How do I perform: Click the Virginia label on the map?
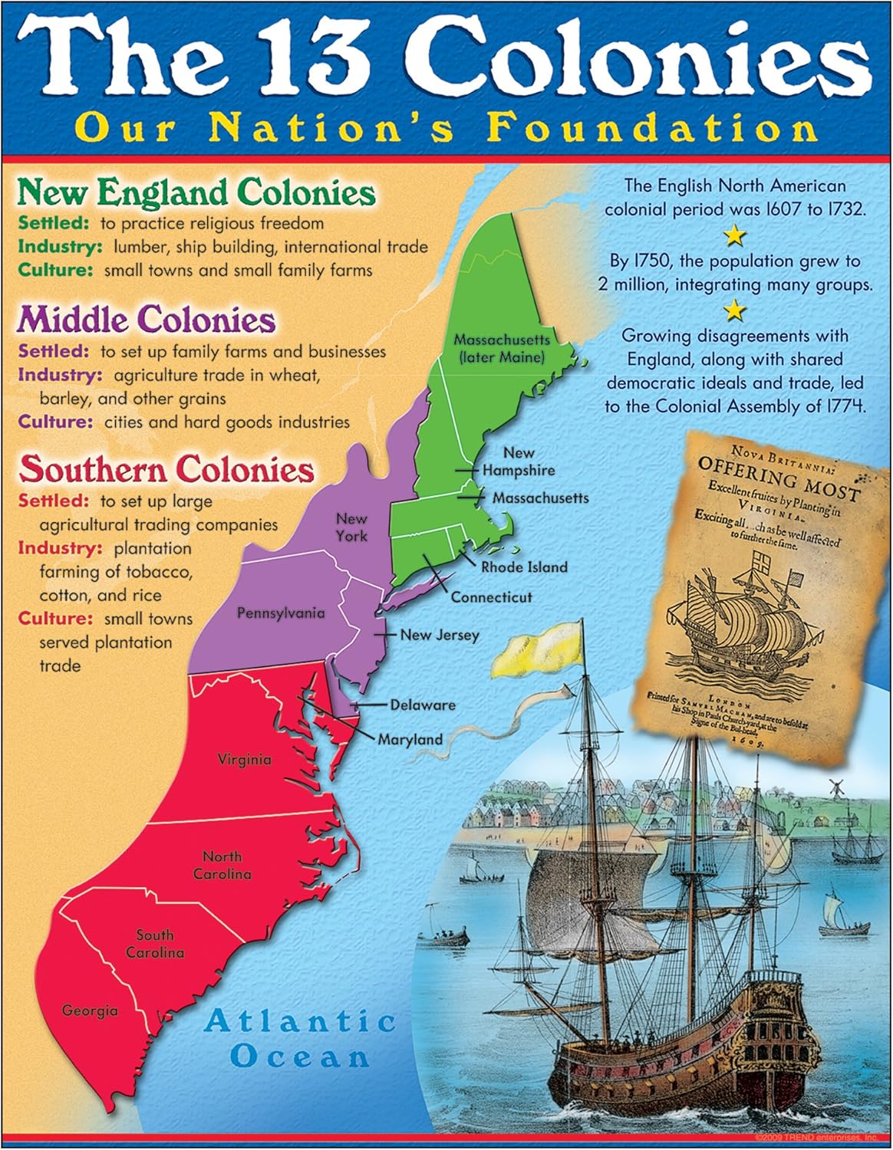[x=244, y=760]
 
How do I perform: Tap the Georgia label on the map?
[x=90, y=1011]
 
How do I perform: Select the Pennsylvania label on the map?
[x=280, y=613]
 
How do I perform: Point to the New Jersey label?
[x=439, y=635]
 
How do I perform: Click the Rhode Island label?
[x=524, y=567]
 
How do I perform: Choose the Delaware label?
[x=422, y=705]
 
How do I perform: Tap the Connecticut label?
[x=491, y=597]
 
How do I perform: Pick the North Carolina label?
[x=222, y=866]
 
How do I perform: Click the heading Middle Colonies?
[x=147, y=320]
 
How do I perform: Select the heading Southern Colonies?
[x=166, y=469]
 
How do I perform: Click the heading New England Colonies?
[x=196, y=192]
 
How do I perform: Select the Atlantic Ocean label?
[x=299, y=1039]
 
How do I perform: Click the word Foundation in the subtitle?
[x=651, y=127]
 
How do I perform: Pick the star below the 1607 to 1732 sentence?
[x=735, y=235]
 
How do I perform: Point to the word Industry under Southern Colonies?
[x=60, y=548]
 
